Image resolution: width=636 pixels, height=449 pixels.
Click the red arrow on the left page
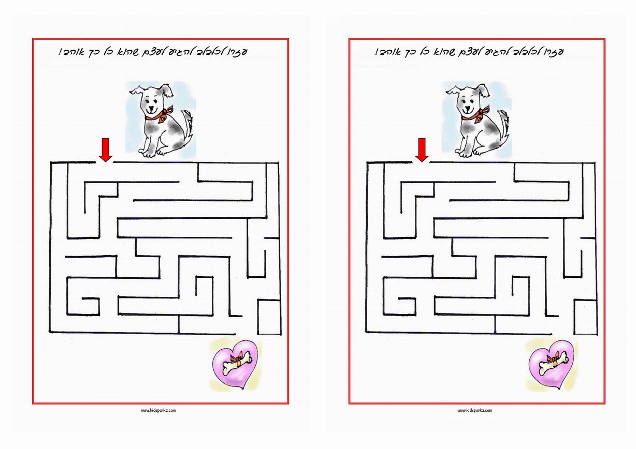[x=106, y=150]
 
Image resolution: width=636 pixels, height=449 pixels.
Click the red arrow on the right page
[x=422, y=150]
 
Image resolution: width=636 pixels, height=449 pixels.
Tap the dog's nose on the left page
[x=152, y=108]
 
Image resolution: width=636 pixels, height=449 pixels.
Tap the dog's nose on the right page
[x=468, y=108]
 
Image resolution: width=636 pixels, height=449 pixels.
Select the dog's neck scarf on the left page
[x=160, y=115]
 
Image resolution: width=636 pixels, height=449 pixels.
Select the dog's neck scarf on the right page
[x=476, y=115]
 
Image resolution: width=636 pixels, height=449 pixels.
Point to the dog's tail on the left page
[x=187, y=125]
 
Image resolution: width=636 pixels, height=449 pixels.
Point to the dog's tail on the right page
[x=504, y=125]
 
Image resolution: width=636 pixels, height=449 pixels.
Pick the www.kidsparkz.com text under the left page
[x=158, y=410]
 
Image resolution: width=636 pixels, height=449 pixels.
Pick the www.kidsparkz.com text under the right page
[x=475, y=410]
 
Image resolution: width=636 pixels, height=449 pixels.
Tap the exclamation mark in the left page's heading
[x=60, y=52]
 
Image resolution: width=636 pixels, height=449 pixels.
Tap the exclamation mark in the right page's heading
[x=376, y=52]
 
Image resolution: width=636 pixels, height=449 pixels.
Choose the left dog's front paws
[x=153, y=153]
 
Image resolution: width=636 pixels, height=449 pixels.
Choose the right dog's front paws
[x=470, y=153]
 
